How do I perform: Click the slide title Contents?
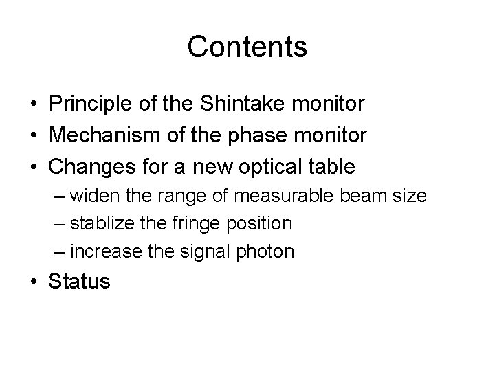coord(247,47)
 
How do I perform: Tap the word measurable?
coord(288,196)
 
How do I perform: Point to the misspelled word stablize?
coord(99,224)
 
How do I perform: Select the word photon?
coord(269,251)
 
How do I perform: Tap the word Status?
coord(79,282)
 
